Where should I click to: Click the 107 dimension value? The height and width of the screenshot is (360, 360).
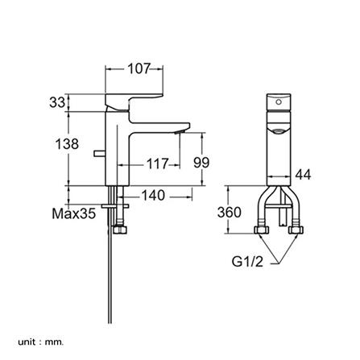(139, 68)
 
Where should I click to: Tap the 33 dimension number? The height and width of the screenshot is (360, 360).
(57, 102)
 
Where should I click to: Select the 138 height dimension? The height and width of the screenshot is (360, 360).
(67, 143)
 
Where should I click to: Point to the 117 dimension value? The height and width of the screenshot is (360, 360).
(158, 163)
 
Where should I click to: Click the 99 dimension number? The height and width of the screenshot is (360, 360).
(201, 163)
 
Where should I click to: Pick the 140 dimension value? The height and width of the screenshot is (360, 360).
(153, 195)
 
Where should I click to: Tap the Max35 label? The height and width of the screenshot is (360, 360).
(74, 213)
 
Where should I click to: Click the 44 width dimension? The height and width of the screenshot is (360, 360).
(303, 175)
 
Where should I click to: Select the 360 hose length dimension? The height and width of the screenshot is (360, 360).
(230, 212)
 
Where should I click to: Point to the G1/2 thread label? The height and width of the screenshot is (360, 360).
(247, 262)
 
